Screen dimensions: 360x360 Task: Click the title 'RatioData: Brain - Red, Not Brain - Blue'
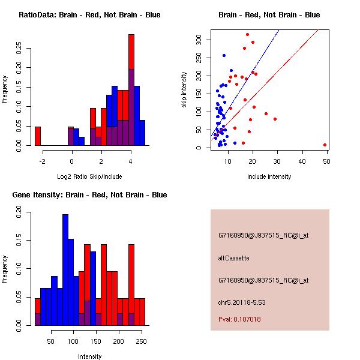click(x=89, y=14)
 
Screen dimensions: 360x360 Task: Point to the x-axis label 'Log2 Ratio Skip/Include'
click(x=89, y=176)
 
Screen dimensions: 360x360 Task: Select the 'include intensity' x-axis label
click(x=269, y=176)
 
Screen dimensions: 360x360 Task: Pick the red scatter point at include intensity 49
click(x=325, y=145)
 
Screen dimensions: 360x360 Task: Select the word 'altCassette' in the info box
click(x=233, y=258)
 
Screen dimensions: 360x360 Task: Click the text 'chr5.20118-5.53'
click(x=242, y=302)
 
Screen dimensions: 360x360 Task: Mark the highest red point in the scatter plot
click(x=247, y=35)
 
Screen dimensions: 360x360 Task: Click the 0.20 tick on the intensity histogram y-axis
click(x=21, y=211)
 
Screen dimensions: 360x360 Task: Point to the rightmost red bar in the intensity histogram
click(x=142, y=311)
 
